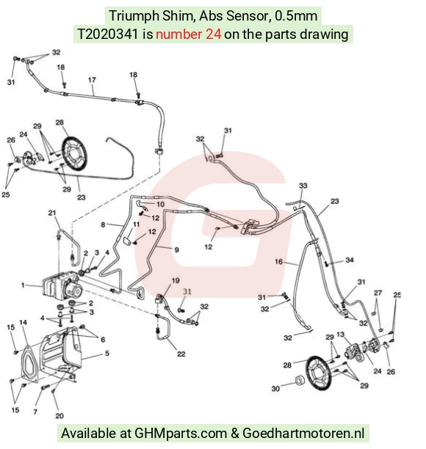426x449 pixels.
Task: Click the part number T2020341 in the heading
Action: (109, 34)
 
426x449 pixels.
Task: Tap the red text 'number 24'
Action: (188, 34)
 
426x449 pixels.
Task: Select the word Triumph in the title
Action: (134, 15)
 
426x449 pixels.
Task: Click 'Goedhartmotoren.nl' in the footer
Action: (303, 433)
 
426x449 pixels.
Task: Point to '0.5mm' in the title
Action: (296, 15)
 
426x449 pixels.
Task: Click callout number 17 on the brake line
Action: (92, 80)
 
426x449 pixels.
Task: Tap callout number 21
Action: (52, 213)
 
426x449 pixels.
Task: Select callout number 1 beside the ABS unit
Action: (23, 285)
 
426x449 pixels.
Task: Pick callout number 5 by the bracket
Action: (107, 353)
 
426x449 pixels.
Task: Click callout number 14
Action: (24, 322)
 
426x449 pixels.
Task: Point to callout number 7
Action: (35, 412)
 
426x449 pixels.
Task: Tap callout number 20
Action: (59, 415)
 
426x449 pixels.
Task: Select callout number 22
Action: (181, 354)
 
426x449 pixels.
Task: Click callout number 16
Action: (278, 261)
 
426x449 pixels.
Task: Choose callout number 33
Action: (303, 186)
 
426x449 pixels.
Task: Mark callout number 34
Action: (350, 260)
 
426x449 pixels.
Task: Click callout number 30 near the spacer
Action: (275, 389)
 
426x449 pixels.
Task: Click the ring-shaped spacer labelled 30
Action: (300, 381)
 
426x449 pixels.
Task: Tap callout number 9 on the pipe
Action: (177, 250)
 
